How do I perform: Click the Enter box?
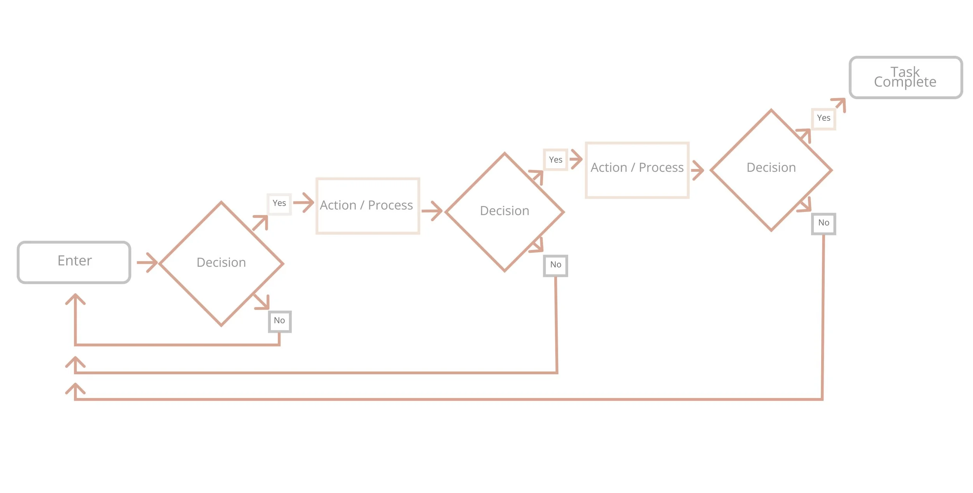point(74,262)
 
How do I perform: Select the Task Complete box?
point(905,77)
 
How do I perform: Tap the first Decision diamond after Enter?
point(221,264)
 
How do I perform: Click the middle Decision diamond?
point(504,212)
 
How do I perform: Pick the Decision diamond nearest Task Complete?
point(771,170)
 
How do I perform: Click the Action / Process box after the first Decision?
point(367,206)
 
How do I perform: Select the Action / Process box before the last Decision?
point(637,170)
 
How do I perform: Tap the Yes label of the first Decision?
point(279,204)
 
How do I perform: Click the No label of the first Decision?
point(279,321)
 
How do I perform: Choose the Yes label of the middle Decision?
point(555,160)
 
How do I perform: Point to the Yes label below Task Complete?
point(823,118)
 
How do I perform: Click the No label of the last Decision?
point(823,224)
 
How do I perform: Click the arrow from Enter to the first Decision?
point(147,262)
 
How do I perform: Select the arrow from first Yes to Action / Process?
point(304,202)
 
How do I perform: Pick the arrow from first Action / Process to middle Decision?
point(432,211)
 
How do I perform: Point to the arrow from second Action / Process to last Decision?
point(697,170)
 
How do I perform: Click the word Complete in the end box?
point(905,82)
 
